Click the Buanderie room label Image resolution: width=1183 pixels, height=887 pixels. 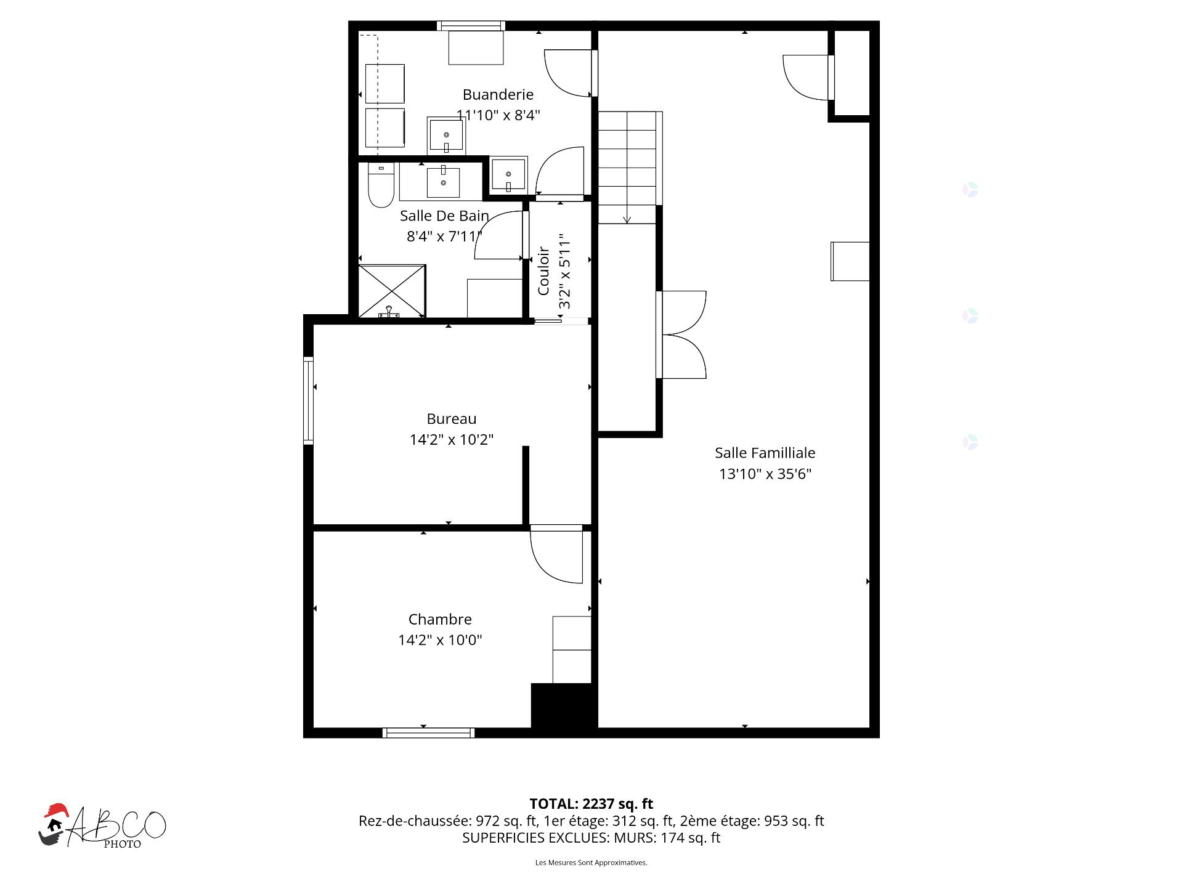498,95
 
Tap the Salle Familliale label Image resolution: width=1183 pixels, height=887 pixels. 765,453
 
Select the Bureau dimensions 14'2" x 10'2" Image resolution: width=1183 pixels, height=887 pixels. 452,439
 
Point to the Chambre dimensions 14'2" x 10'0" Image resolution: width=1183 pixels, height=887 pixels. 440,639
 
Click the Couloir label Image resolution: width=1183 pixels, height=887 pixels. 543,271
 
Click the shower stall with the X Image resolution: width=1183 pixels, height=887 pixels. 392,291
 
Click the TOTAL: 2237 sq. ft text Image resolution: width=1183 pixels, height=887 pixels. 591,804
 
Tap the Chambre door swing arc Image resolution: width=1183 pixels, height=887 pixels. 549,567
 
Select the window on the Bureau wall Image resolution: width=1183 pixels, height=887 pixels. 309,400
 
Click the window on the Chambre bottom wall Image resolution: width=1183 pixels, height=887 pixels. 428,732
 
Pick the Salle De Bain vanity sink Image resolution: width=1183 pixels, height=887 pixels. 443,183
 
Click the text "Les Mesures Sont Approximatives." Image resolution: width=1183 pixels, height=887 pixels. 591,863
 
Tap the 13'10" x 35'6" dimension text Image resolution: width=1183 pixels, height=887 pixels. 765,474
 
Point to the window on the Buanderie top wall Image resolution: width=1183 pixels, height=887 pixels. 471,26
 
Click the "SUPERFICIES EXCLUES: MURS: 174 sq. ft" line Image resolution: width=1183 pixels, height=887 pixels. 591,838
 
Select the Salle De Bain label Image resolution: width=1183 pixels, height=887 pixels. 444,216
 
